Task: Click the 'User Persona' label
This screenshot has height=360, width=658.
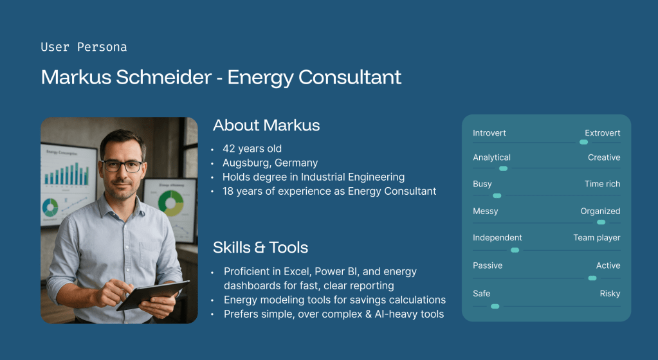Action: tap(84, 47)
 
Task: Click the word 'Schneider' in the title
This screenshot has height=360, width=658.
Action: tap(163, 77)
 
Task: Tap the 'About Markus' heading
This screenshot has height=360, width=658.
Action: tap(266, 125)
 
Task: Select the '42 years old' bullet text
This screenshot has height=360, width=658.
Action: tap(251, 148)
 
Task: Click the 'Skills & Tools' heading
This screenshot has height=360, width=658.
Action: tap(260, 248)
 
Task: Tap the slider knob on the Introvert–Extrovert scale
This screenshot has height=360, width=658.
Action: tap(584, 142)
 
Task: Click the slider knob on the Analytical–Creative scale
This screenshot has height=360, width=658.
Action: tap(503, 168)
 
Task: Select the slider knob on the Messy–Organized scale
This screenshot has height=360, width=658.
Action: tap(601, 222)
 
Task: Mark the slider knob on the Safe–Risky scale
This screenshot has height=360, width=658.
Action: tap(495, 306)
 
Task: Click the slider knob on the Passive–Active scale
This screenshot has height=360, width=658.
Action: tap(592, 278)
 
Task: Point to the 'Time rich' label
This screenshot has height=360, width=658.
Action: tap(602, 184)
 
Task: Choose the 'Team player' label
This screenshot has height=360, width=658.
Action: tap(597, 238)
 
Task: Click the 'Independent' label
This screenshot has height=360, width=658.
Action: tap(497, 237)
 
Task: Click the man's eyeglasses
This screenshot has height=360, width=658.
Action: tap(122, 166)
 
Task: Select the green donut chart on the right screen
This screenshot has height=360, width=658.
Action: tap(171, 203)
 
